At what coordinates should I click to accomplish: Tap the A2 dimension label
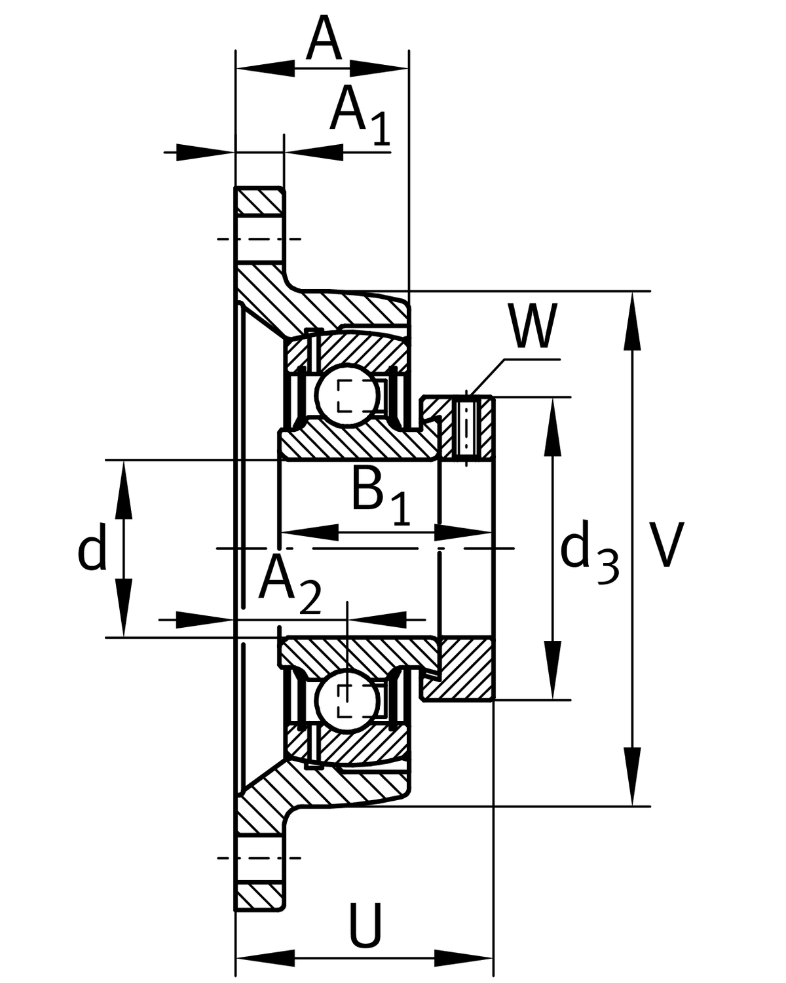[288, 582]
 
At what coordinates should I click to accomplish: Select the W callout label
[533, 326]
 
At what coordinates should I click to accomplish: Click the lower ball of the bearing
[346, 701]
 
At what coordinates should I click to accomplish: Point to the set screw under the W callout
[465, 427]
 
